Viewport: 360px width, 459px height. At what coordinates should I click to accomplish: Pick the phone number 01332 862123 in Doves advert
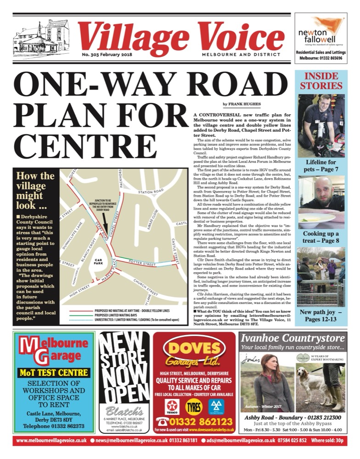[200, 422]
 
